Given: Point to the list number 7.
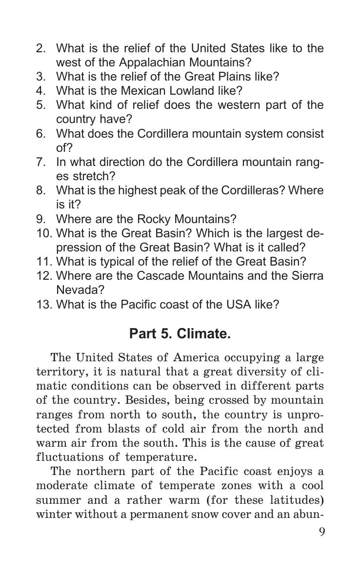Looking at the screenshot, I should tap(41, 162).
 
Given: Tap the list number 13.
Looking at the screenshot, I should tap(44, 305).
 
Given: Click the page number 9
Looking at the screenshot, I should tap(321, 531).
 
